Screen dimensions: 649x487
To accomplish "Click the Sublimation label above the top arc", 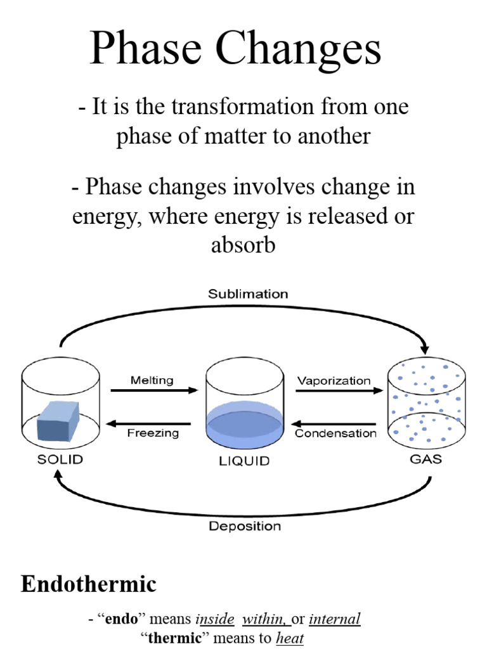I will point(248,294).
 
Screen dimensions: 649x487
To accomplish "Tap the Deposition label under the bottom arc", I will point(245,526).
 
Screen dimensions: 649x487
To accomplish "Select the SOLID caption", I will point(60,459).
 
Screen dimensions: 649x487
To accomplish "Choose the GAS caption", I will point(425,459).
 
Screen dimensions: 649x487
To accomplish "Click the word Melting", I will point(152,380).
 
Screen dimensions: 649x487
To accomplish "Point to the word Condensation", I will point(335,434).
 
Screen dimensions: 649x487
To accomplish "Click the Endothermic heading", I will point(89,584).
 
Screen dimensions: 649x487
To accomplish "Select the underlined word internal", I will point(335,619).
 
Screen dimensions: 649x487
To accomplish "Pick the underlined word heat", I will point(290,638).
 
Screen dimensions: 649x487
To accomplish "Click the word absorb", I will point(243,244).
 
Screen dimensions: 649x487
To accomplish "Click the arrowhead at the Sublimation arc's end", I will point(425,349).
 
